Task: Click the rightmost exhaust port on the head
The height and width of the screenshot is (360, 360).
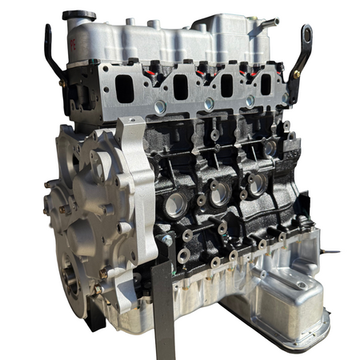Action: click(266, 83)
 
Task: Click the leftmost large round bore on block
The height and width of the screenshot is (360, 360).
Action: click(174, 204)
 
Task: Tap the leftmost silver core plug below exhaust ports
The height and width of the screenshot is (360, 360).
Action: click(161, 105)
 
